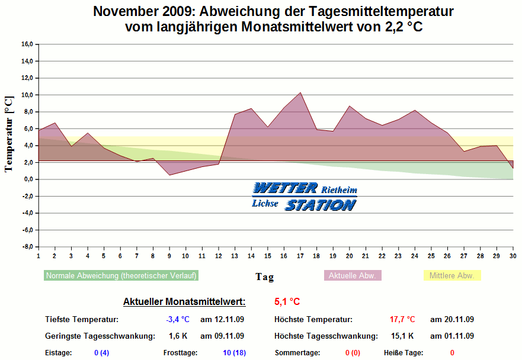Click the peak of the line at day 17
point(300,92)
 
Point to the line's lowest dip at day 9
point(169,175)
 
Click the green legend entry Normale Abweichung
point(121,275)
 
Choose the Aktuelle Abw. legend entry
point(353,275)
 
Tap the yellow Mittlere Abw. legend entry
point(452,275)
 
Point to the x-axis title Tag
point(264,277)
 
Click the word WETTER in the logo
point(285,188)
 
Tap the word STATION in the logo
point(320,205)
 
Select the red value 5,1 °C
point(287,302)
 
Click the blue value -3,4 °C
point(178,320)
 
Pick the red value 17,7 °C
point(402,320)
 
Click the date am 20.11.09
point(452,320)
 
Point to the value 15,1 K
point(403,336)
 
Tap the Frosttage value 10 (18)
point(234,353)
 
